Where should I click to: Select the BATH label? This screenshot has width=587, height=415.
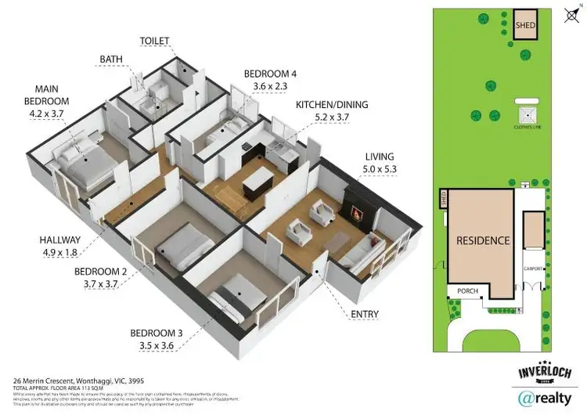click(111, 59)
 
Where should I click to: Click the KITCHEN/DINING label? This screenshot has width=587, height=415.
click(331, 104)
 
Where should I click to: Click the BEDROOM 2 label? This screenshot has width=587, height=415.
click(101, 271)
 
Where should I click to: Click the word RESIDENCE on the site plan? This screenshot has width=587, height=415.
click(483, 241)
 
